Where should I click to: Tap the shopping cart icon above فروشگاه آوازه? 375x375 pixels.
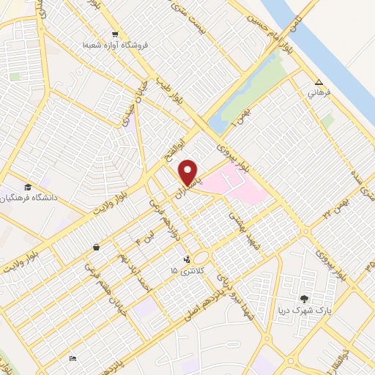point(114,34)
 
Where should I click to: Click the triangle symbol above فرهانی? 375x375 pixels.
point(319,83)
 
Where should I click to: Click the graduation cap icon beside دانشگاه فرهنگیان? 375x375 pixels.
point(28,187)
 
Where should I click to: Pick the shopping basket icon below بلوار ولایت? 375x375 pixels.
point(97,248)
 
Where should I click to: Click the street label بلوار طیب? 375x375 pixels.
point(165,81)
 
